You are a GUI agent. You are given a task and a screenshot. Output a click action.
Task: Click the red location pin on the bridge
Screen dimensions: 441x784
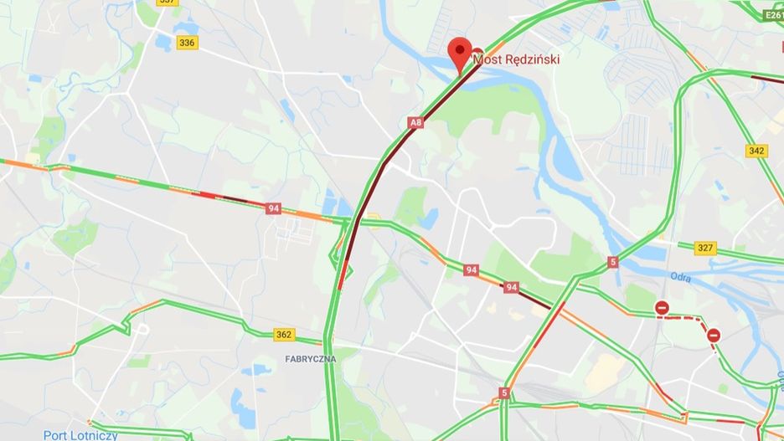[459, 52]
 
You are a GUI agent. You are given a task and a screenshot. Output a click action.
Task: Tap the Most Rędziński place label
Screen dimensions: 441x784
[516, 59]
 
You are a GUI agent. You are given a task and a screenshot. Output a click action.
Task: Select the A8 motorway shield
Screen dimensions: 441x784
[415, 123]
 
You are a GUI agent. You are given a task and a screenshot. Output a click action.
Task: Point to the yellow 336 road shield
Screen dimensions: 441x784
[187, 43]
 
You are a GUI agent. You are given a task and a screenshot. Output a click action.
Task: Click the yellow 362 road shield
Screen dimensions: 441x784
[284, 335]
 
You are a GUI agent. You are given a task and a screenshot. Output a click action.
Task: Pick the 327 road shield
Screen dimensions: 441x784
[706, 248]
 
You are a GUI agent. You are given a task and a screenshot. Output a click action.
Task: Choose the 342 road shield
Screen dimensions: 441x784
[756, 151]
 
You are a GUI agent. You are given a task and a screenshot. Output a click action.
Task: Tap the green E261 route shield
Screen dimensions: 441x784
[773, 13]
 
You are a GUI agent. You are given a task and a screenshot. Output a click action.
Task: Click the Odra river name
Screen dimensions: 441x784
[680, 276]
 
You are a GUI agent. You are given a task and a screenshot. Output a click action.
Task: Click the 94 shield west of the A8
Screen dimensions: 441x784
[273, 208]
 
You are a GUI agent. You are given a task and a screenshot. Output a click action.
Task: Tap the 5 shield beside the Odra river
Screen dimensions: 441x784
[613, 262]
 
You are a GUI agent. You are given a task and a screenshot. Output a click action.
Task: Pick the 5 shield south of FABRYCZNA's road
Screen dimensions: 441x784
[504, 392]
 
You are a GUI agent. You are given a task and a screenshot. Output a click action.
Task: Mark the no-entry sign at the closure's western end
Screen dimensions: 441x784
[662, 309]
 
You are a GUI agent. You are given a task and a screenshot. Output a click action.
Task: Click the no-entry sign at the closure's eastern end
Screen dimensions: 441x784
[713, 336]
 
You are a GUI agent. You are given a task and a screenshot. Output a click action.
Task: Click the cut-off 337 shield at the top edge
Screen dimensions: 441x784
[168, 3]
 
